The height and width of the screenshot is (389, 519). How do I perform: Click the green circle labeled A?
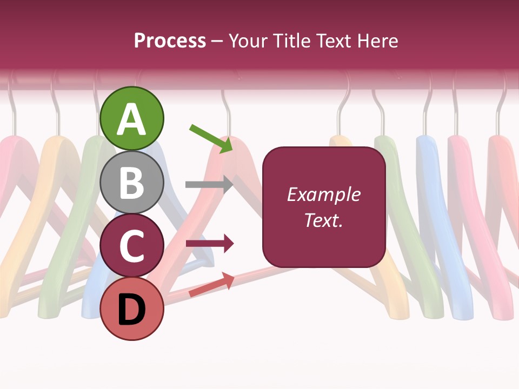click(132, 118)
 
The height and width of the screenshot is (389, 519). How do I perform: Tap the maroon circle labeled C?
click(132, 246)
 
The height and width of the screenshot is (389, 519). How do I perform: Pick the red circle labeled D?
click(132, 309)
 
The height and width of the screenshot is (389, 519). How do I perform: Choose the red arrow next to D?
click(211, 285)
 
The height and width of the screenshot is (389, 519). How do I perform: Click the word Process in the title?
click(170, 41)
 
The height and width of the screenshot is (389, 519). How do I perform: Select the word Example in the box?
click(324, 194)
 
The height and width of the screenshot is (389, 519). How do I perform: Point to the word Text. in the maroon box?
click(324, 220)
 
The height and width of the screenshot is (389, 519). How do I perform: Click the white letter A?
click(132, 119)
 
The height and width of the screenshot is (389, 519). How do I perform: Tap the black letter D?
click(132, 310)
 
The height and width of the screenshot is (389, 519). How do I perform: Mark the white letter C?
click(132, 246)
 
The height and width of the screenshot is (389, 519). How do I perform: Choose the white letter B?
click(132, 183)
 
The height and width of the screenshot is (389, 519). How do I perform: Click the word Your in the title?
click(248, 41)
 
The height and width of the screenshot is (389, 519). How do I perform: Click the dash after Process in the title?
click(217, 42)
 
